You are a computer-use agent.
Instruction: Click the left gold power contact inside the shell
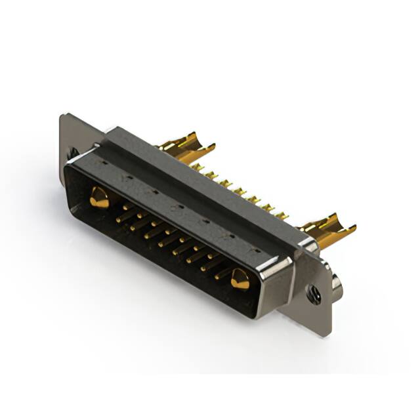click(x=98, y=198)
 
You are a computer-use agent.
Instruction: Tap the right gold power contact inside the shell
click(x=240, y=280)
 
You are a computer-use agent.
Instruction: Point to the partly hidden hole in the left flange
click(x=72, y=152)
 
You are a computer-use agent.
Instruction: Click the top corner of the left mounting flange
click(x=62, y=117)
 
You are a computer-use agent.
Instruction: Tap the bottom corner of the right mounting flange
click(x=322, y=335)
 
